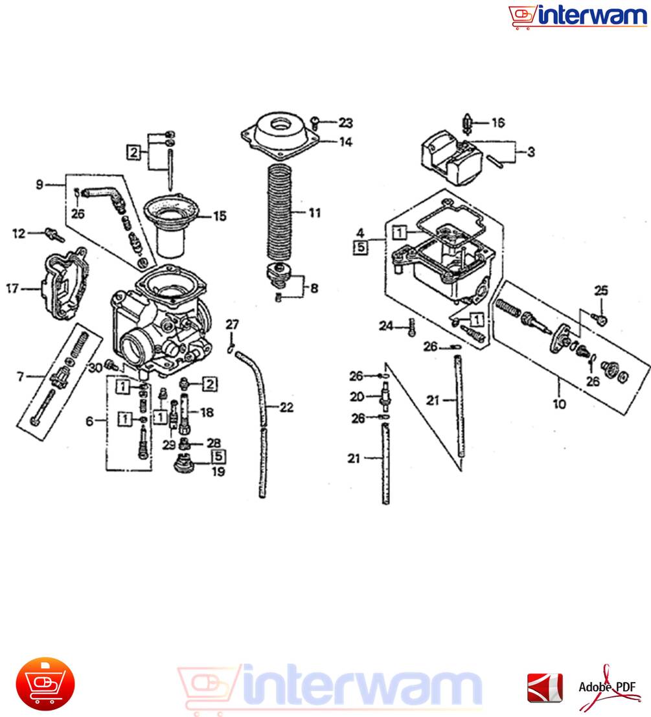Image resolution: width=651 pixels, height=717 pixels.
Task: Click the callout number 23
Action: pos(346,122)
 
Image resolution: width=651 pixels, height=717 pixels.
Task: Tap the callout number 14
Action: pos(346,142)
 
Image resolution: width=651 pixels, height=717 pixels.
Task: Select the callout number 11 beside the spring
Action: pos(315,212)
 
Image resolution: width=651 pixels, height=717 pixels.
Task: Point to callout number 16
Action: pos(498,122)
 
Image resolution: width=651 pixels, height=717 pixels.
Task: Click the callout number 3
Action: pos(531,152)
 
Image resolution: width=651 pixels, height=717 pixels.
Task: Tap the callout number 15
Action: pos(220,216)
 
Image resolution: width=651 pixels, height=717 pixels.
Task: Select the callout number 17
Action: pos(12,288)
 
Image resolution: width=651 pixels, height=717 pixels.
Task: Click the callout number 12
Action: pos(19,233)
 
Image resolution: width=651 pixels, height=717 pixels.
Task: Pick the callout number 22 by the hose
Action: pos(287,407)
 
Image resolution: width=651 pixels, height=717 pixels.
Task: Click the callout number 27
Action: pos(233,324)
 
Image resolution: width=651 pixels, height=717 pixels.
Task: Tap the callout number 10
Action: pos(559,404)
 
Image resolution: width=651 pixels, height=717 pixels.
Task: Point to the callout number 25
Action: pos(601,290)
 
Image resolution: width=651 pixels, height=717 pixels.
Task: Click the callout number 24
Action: pos(386,326)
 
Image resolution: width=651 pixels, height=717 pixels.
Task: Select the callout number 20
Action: pos(357,396)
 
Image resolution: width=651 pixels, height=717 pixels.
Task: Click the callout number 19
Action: pos(218,472)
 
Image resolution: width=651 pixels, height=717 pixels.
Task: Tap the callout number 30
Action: pos(95,367)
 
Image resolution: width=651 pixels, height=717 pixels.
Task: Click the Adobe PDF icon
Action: pos(608,687)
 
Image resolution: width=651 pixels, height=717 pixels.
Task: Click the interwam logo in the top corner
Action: pos(578,16)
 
